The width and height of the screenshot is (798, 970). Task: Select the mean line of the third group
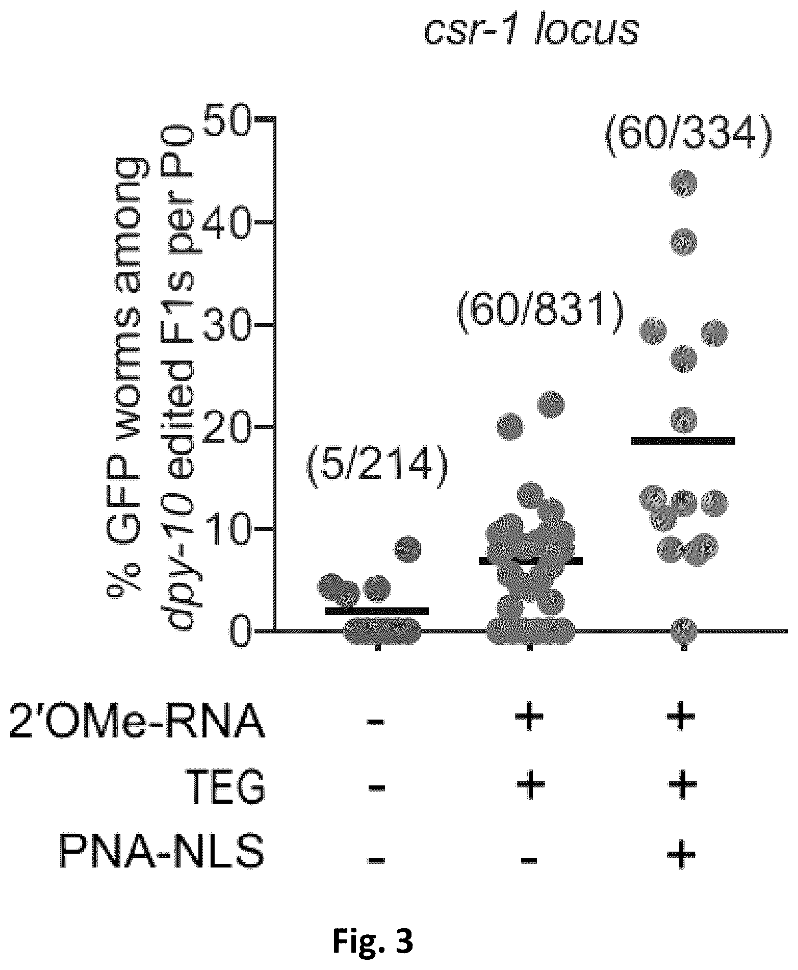click(x=683, y=441)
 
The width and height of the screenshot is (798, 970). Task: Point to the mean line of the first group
click(x=377, y=611)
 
